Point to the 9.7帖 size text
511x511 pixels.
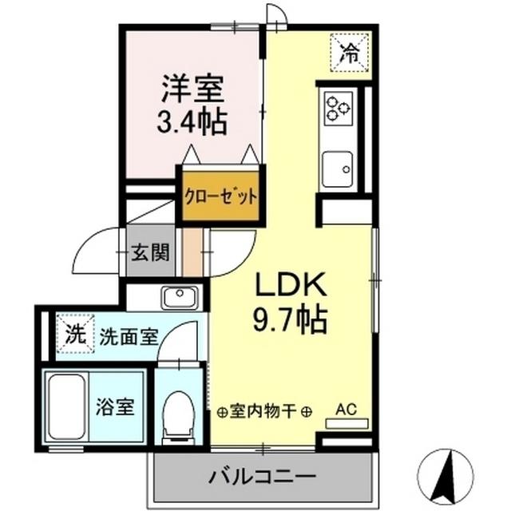tap(289, 320)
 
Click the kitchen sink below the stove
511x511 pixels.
tap(339, 168)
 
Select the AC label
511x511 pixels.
tap(346, 410)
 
